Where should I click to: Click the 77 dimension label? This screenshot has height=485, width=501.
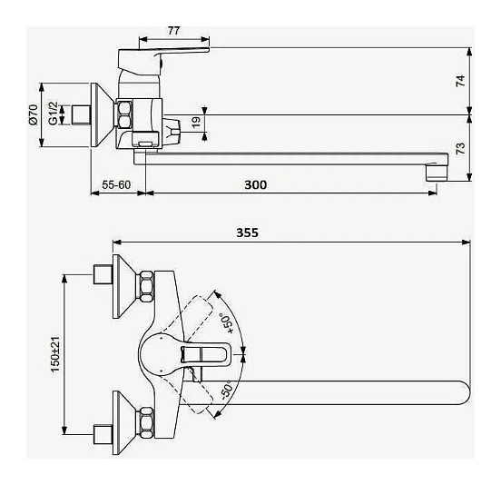[174, 31]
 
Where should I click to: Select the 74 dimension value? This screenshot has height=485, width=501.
[461, 81]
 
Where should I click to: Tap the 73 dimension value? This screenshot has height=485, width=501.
[461, 149]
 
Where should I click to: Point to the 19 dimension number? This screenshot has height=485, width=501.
[197, 122]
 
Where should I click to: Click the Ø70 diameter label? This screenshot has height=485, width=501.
[34, 114]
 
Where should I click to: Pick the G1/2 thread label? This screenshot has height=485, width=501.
[53, 114]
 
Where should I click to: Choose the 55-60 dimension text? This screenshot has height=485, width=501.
[116, 184]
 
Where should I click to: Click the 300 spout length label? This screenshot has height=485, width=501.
[255, 184]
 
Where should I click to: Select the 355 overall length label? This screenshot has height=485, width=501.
[247, 233]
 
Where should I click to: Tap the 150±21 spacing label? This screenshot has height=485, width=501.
[55, 354]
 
